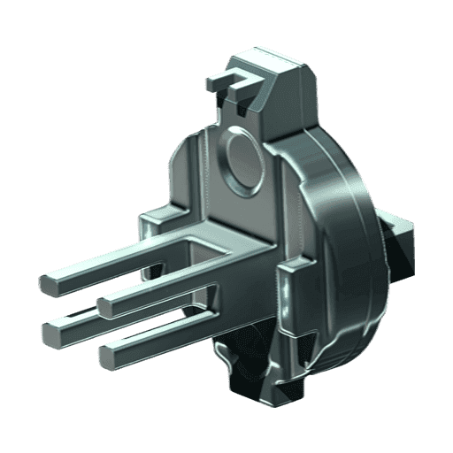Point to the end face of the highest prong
coord(49,284)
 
